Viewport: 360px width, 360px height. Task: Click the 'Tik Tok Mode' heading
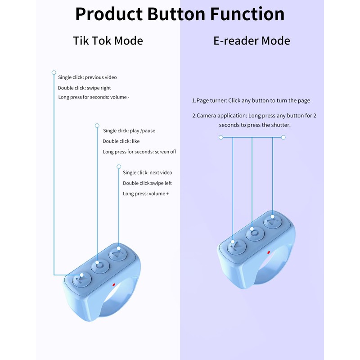[108, 40]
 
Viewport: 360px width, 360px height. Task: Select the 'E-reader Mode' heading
[252, 40]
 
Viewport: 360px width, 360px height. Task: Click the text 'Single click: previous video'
[87, 77]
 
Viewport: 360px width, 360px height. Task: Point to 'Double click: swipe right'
[84, 88]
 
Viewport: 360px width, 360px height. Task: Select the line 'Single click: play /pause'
[129, 130]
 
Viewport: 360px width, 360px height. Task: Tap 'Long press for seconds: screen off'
[139, 152]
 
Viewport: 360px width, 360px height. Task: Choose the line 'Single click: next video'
[148, 172]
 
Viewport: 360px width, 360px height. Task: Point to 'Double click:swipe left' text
[147, 183]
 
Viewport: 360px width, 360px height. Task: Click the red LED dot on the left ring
[113, 284]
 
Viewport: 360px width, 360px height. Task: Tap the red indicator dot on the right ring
[268, 252]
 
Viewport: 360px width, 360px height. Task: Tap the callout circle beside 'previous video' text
[54, 72]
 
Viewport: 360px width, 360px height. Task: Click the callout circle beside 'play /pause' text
[97, 125]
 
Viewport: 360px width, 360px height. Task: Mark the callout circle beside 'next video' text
[119, 166]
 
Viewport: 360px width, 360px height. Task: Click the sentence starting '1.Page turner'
[251, 101]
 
